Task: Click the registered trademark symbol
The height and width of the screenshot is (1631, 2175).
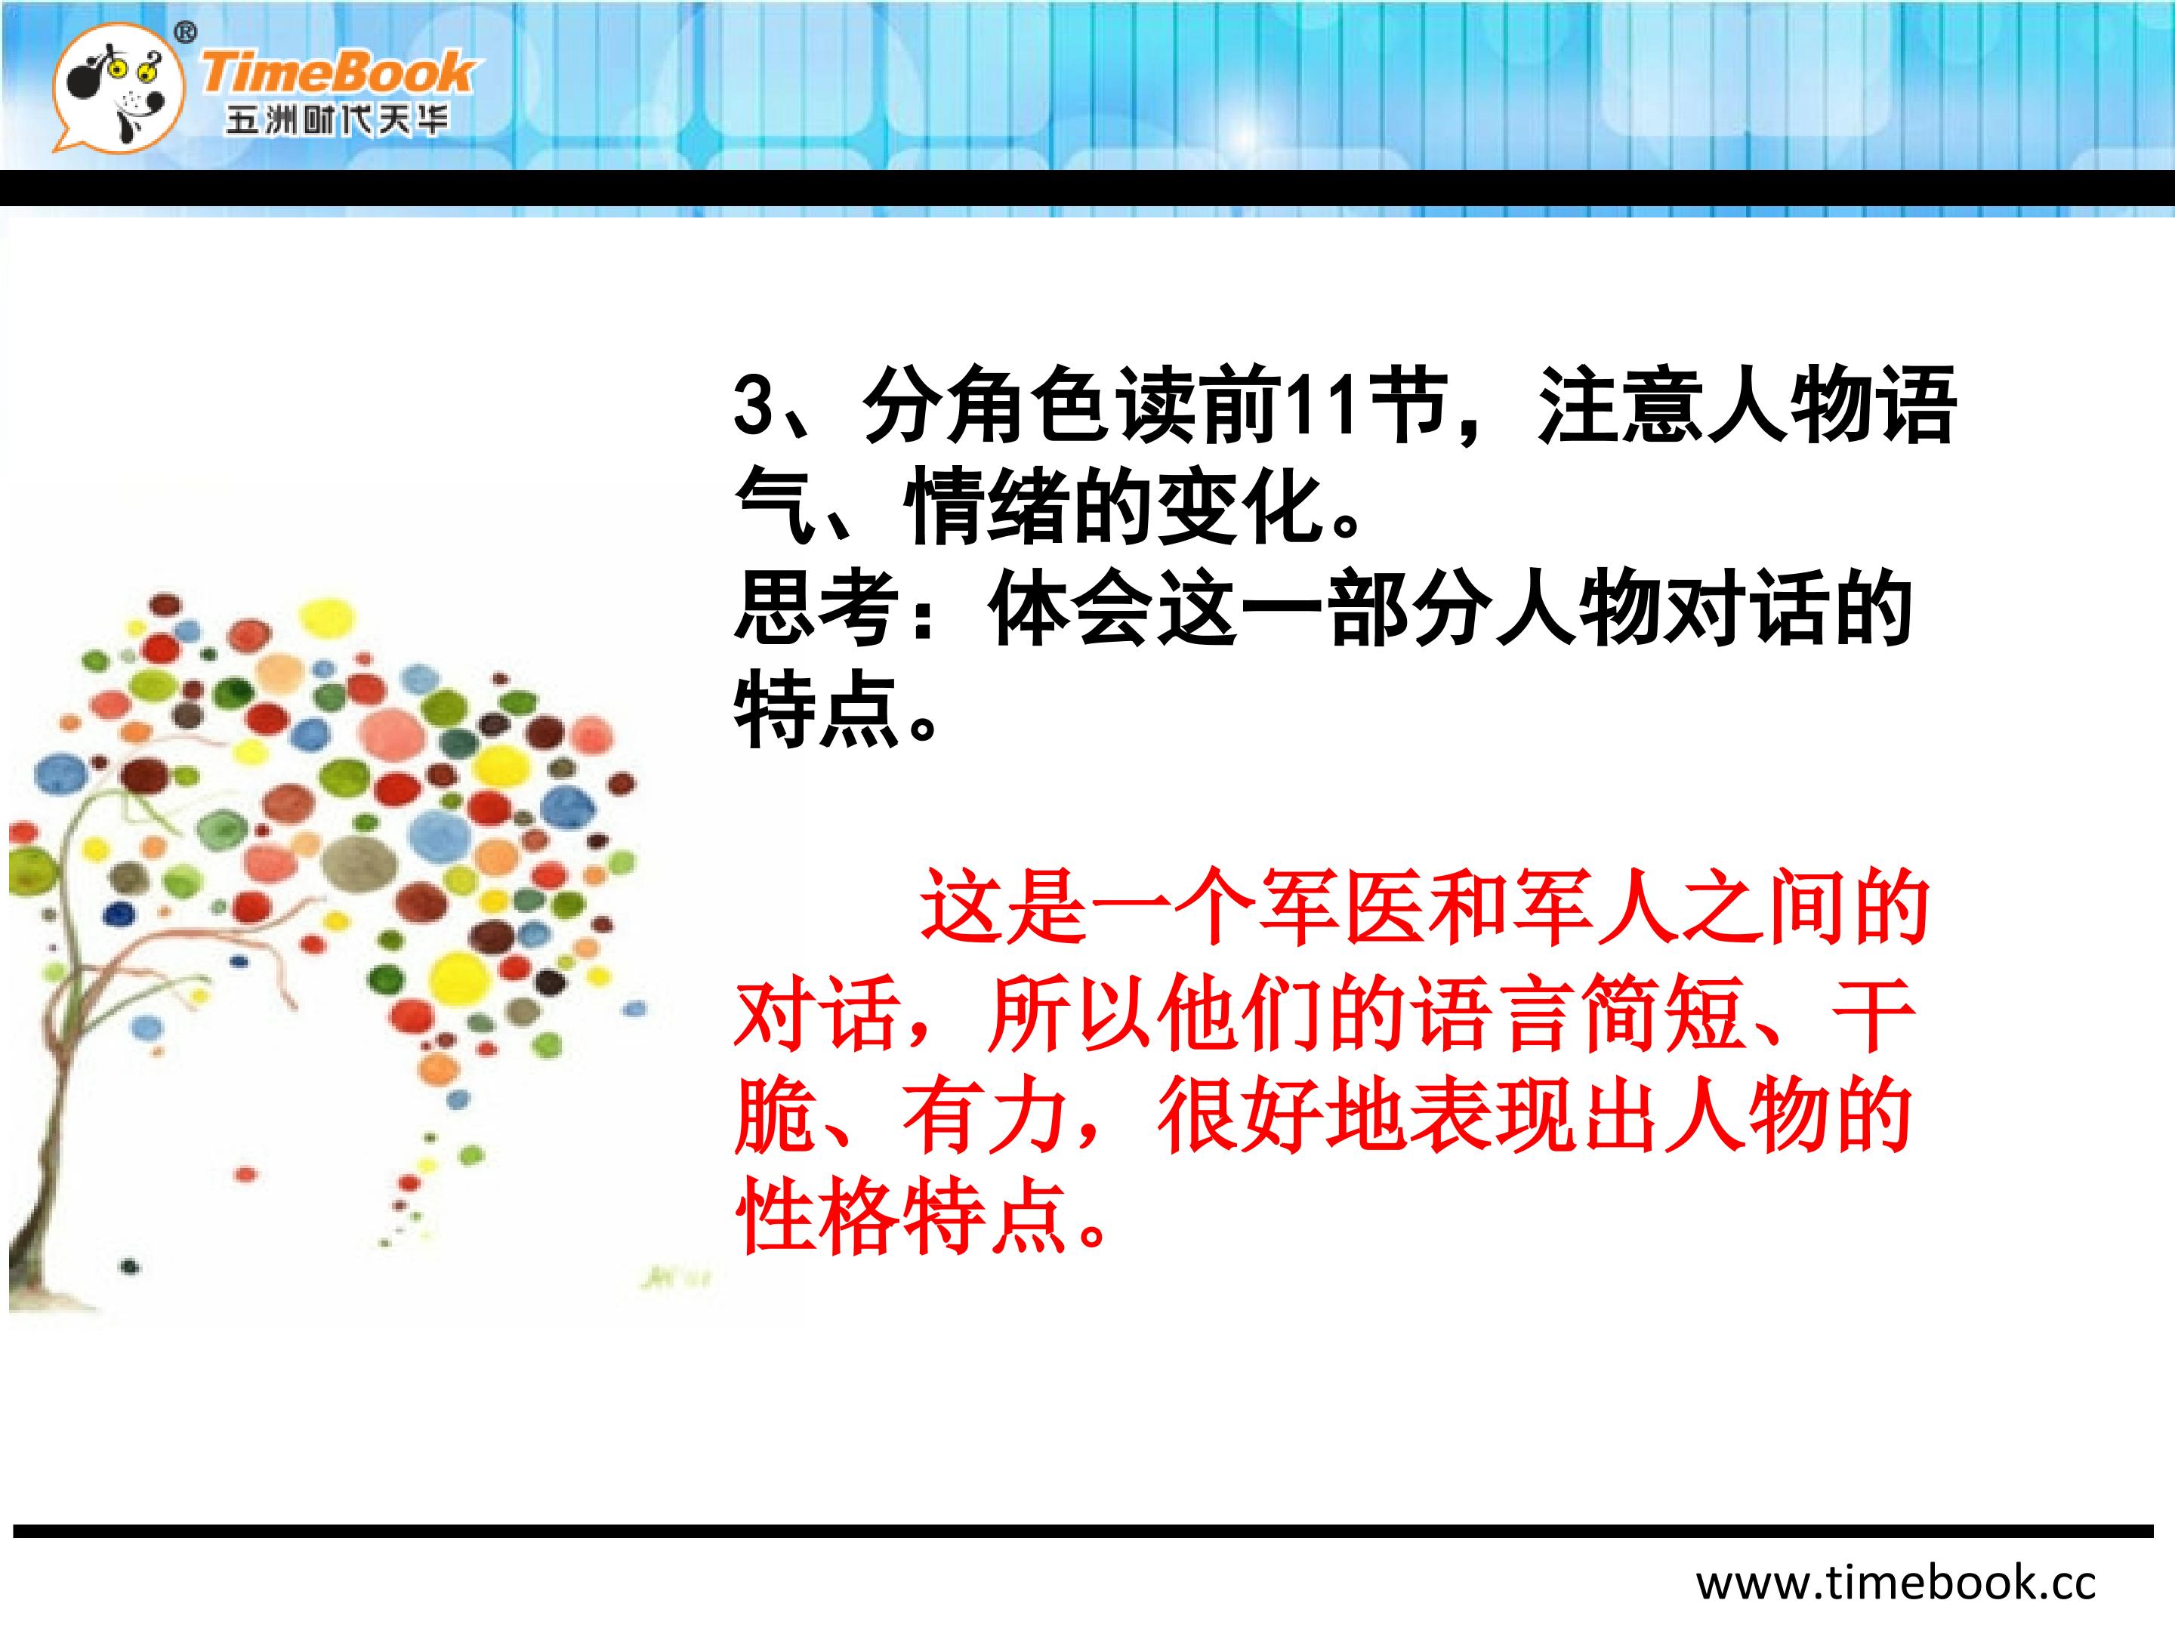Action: point(185,33)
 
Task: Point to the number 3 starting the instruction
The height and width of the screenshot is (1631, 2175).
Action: point(755,405)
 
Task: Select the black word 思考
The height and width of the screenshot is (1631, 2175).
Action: point(817,609)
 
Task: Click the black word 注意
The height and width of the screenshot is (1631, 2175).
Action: point(1622,405)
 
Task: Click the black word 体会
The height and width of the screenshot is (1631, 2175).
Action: point(1071,609)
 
